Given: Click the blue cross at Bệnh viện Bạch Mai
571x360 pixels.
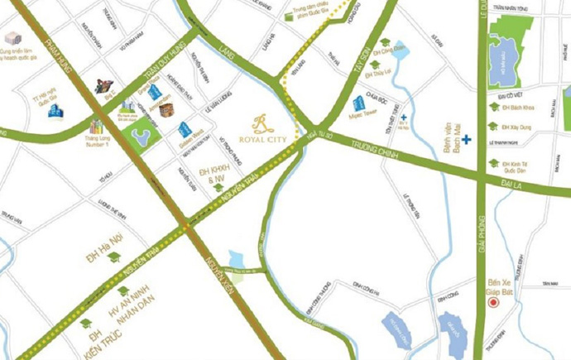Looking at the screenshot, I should coord(468,140).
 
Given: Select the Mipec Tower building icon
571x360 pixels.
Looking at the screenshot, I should coord(359,104).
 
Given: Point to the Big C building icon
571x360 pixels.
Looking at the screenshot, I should coord(104,85).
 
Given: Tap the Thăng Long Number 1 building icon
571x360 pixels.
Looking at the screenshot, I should coord(98,126).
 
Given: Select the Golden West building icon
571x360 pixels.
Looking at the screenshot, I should coord(185,129).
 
